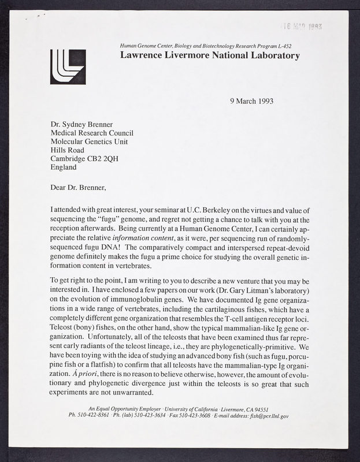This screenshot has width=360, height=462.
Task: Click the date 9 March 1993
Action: tap(251, 100)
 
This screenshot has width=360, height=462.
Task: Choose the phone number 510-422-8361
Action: tap(92, 415)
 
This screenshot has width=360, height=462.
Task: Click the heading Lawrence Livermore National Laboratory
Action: tap(210, 55)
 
